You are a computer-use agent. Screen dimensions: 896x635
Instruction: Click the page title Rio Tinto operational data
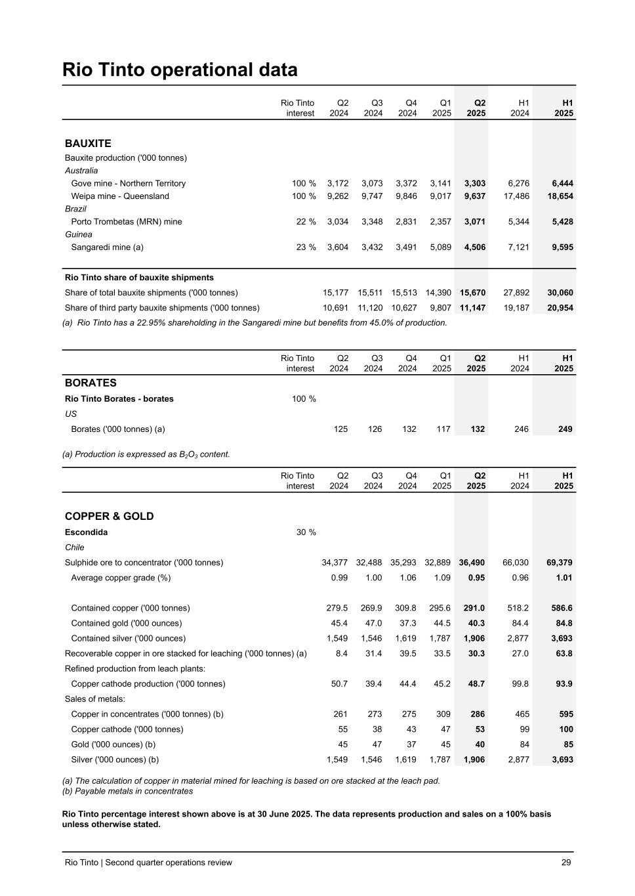180,70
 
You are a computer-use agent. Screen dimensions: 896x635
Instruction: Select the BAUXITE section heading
88,143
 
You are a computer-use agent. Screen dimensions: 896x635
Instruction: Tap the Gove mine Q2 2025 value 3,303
475,183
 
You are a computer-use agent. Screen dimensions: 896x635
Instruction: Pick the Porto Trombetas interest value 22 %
306,222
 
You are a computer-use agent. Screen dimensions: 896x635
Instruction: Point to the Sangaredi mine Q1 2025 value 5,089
440,247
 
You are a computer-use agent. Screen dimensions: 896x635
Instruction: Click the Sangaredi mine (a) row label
107,247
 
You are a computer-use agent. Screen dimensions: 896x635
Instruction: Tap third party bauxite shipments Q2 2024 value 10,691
336,308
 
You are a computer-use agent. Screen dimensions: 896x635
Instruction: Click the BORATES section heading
91,383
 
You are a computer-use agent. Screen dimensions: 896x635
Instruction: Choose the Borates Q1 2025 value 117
443,429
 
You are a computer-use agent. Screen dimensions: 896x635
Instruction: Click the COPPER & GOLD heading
109,516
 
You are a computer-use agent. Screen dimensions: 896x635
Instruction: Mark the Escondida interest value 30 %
306,532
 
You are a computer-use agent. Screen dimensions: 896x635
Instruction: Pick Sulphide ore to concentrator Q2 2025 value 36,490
472,563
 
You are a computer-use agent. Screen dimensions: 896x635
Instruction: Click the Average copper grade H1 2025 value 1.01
564,578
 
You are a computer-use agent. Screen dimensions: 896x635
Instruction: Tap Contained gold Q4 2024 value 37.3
408,623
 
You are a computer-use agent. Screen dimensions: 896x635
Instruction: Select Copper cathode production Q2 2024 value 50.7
340,683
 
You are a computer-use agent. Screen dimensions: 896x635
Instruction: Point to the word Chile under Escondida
75,547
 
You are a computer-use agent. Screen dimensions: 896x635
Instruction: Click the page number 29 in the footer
566,863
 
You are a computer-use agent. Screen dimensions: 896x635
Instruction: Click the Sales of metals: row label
95,698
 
